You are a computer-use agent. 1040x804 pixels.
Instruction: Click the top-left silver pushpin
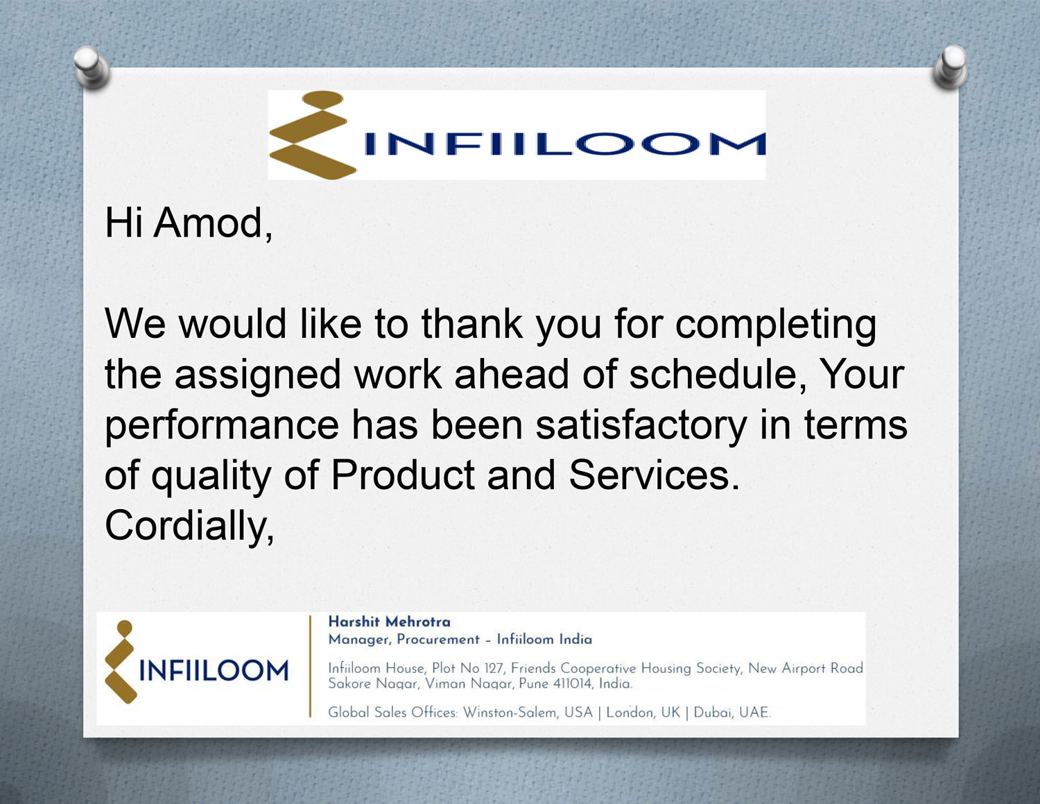[92, 67]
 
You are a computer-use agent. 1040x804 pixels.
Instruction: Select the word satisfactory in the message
[641, 426]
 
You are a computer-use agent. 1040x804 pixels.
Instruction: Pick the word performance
[222, 426]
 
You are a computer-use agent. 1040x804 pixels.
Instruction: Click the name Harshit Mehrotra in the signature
[389, 622]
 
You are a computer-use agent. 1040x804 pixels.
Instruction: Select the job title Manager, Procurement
[404, 640]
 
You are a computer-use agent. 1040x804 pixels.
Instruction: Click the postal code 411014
[573, 683]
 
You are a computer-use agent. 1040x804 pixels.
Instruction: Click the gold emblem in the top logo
[312, 135]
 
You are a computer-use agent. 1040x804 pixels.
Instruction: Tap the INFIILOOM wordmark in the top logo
[565, 144]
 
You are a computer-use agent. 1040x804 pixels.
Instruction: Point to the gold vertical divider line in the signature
[310, 666]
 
